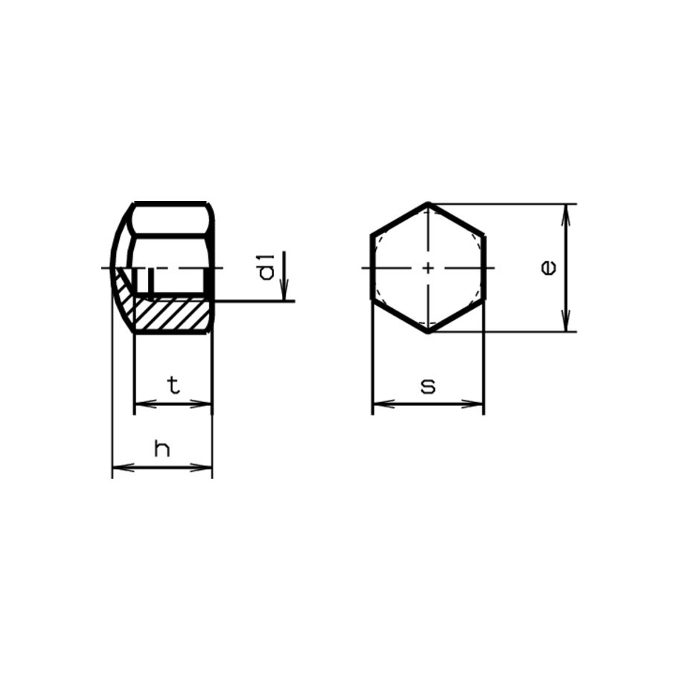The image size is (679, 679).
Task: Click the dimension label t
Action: [x=173, y=385]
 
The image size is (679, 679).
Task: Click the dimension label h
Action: [x=162, y=448]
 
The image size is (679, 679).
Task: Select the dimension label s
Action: [x=427, y=386]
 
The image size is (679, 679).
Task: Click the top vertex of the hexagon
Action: [x=428, y=203]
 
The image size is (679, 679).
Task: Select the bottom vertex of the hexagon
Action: [x=428, y=332]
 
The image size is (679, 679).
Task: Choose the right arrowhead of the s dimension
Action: [x=476, y=404]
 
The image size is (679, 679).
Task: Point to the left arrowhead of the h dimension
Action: [x=120, y=468]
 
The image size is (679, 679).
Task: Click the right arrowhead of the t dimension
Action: [x=205, y=404]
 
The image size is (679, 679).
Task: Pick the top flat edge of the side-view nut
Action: [x=171, y=203]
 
